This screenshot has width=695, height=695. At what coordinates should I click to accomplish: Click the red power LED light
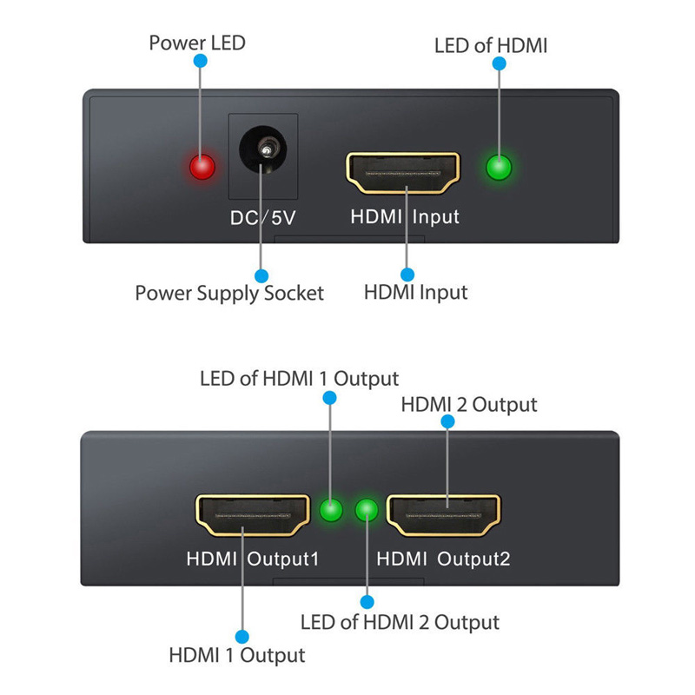(202, 166)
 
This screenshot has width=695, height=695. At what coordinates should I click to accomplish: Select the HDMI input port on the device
(403, 172)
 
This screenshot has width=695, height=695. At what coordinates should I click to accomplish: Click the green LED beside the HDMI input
(499, 166)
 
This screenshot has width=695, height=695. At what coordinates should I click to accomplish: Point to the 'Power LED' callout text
(197, 43)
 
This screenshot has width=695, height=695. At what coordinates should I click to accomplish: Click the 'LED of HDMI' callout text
(491, 45)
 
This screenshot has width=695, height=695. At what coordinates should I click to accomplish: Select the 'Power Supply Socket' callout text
(229, 293)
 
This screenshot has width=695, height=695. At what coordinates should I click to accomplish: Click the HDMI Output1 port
(252, 517)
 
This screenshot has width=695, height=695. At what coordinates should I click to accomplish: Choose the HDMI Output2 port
(444, 515)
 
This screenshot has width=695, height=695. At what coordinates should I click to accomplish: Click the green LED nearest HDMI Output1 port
(331, 510)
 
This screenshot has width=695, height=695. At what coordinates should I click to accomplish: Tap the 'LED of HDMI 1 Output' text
(299, 379)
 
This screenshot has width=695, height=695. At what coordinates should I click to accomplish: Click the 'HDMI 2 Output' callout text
(468, 405)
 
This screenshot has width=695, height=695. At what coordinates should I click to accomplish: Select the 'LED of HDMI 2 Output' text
(400, 622)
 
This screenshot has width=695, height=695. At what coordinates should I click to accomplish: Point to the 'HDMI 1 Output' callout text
(237, 655)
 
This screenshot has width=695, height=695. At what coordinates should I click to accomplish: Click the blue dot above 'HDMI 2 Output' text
(447, 421)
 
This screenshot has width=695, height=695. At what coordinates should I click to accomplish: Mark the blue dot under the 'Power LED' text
(201, 62)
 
